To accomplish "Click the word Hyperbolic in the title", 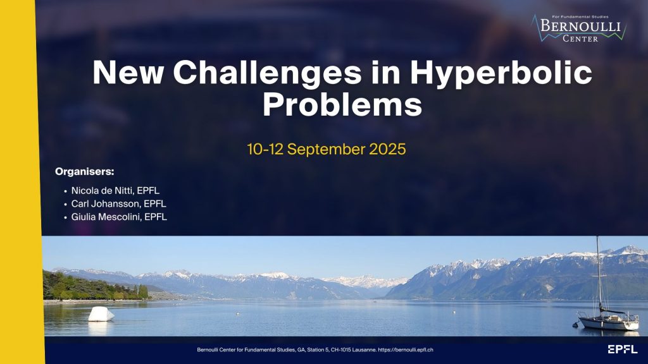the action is click(501, 73).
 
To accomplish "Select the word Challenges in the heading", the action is click(268, 73).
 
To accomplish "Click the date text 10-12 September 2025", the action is click(327, 149).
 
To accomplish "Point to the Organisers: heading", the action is click(84, 171).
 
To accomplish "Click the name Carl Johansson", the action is click(106, 203).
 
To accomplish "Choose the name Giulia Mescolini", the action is click(106, 217).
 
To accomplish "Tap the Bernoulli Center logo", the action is click(580, 28).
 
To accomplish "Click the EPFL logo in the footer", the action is click(623, 349).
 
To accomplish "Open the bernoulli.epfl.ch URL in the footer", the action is click(406, 349).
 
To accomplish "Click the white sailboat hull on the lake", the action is click(608, 323).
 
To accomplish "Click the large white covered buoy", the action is click(101, 314).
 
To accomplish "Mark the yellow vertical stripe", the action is click(21, 182).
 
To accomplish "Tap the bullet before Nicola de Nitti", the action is click(65, 191).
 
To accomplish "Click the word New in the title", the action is click(128, 73).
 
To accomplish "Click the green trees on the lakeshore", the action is click(91, 287).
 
